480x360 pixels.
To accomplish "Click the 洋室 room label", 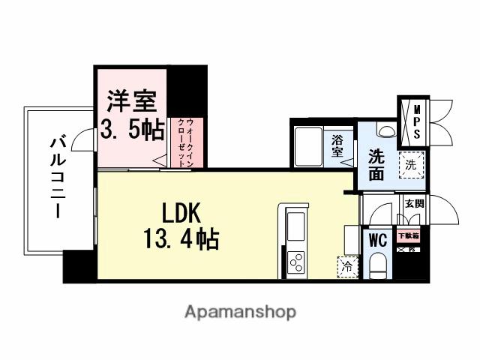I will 130,100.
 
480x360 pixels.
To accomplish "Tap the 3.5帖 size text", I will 133,130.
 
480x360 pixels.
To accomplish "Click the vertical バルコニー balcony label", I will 58,176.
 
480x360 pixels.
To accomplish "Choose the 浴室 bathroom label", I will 338,145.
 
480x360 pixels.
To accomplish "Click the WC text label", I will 377,241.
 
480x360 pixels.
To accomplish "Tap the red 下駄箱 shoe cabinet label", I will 409,236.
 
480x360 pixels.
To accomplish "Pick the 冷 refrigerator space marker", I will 346,265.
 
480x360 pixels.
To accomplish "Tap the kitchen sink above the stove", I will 295,224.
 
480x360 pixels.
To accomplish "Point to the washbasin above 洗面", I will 385,130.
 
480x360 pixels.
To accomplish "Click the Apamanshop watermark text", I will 240,310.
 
